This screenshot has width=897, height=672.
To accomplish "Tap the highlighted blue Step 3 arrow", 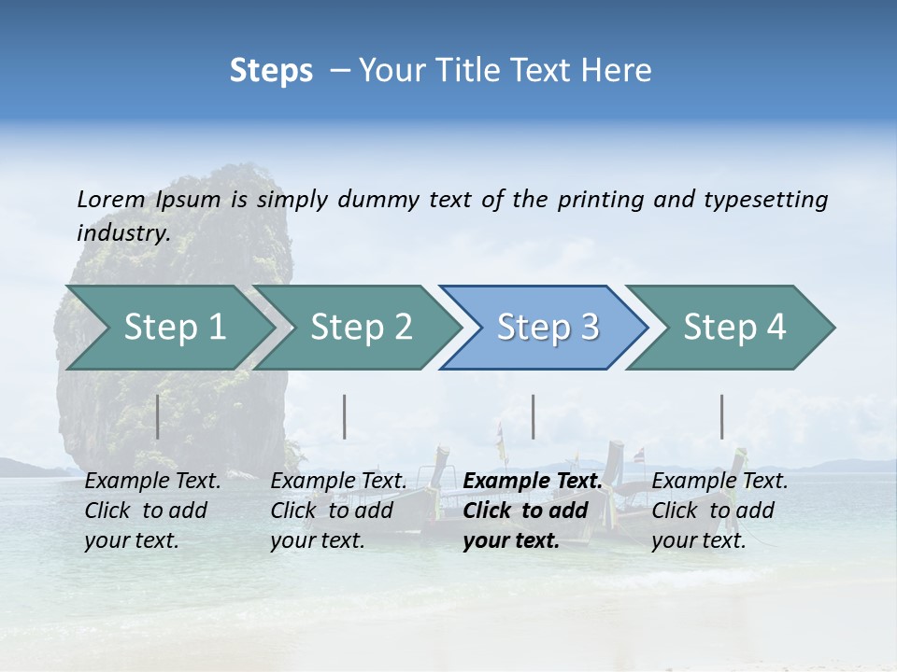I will click(548, 328).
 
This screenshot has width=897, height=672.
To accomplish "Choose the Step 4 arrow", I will click(734, 328).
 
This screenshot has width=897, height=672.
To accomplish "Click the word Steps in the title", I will click(271, 71).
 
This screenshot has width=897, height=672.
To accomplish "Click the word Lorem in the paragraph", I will click(111, 199).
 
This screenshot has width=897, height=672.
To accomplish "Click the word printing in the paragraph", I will click(601, 199).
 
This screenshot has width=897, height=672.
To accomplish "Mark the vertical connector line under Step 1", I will click(157, 416).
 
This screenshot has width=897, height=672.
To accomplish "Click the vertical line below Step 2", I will click(345, 416).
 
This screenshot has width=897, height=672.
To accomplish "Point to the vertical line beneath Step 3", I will click(533, 416).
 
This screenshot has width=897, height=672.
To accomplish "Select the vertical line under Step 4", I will click(721, 416).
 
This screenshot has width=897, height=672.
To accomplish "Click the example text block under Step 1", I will click(152, 511).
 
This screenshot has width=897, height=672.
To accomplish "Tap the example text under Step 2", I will click(338, 511).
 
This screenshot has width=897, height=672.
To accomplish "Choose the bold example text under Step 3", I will click(532, 511).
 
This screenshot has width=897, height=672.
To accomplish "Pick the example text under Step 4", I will click(719, 511).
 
